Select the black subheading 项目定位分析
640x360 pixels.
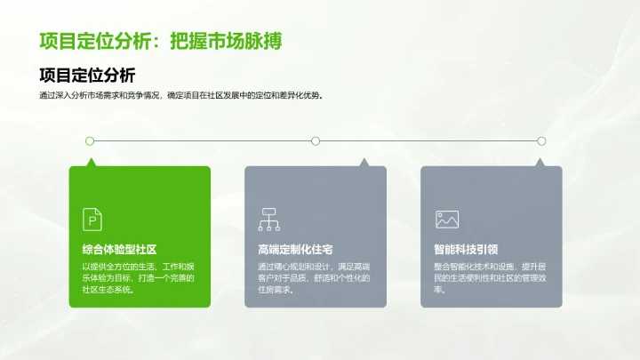[88, 75]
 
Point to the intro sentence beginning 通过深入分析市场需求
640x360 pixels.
[180, 96]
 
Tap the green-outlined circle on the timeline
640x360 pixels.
[90, 140]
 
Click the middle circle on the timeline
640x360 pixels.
[316, 140]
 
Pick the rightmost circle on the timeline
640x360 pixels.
[541, 140]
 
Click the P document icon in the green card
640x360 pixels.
[92, 219]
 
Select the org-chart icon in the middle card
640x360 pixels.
[268, 219]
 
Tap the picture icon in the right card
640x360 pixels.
[446, 219]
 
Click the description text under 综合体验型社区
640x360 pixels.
[138, 278]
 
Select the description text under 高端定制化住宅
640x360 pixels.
[314, 278]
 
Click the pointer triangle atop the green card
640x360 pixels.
[90, 163]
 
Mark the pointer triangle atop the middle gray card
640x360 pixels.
[363, 163]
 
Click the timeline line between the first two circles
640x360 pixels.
[203, 140]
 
